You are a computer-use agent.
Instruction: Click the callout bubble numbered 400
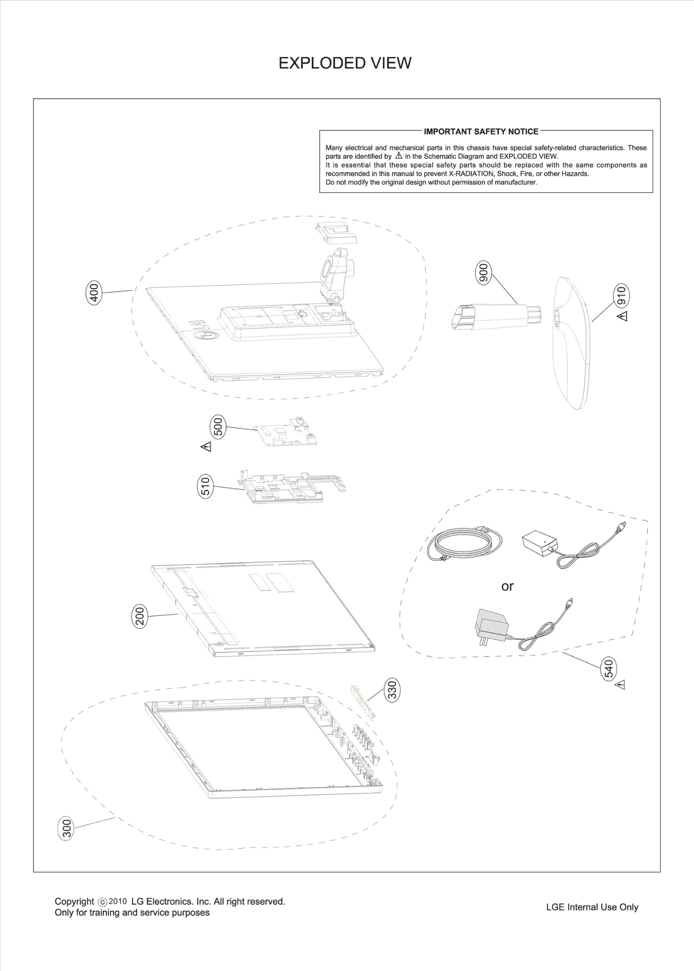(94, 293)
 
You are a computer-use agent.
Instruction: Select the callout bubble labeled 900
(483, 272)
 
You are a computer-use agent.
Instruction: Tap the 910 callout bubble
(622, 296)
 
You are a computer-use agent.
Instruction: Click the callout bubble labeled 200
(140, 616)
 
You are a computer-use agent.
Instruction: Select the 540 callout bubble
(609, 668)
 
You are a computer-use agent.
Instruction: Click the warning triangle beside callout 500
(206, 447)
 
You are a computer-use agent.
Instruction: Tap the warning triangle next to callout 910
(622, 316)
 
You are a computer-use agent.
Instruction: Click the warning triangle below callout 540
(621, 685)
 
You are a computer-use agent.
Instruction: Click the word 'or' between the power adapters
(507, 586)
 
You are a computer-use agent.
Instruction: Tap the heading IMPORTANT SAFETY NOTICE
(481, 131)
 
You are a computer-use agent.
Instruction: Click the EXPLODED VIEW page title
(344, 63)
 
